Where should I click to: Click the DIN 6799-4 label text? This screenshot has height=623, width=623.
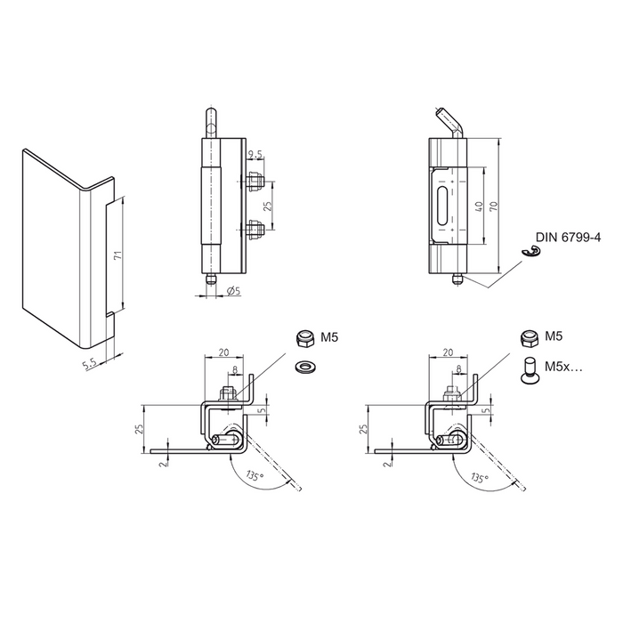click(570, 238)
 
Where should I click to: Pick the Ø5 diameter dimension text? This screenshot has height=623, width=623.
click(234, 291)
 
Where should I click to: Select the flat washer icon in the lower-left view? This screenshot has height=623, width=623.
click(305, 366)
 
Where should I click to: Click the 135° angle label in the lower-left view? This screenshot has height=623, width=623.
click(255, 478)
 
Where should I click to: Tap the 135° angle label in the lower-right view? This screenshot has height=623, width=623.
click(480, 478)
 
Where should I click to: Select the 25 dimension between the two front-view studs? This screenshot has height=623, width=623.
click(268, 206)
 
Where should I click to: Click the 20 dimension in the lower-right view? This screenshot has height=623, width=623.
click(447, 352)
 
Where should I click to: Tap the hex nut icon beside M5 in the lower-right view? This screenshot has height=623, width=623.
click(530, 338)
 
